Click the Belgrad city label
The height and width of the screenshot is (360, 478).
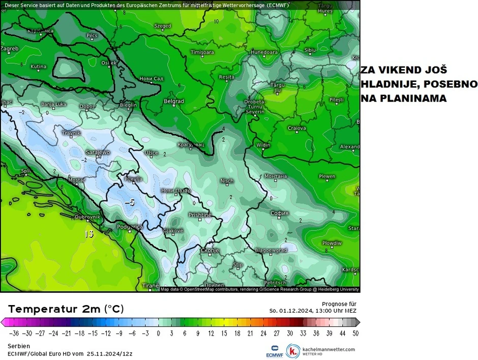click(x=173, y=101)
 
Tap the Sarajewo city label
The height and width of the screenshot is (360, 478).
click(x=98, y=152)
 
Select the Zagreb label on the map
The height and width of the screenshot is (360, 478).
click(x=10, y=49)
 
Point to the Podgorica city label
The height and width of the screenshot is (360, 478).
click(x=129, y=227)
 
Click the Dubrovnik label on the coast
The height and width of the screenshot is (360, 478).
click(x=87, y=217)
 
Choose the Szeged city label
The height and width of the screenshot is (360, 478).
click(x=162, y=25)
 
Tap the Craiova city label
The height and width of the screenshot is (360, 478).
click(x=296, y=128)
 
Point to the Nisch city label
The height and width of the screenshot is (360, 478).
click(x=227, y=181)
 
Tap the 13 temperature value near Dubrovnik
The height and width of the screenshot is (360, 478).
click(x=89, y=234)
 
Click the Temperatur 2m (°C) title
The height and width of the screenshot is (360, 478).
click(x=66, y=309)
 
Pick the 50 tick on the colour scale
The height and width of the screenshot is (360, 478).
click(x=355, y=334)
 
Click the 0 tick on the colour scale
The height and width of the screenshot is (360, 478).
click(x=158, y=334)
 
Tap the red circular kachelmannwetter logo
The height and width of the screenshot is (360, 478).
click(x=292, y=351)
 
